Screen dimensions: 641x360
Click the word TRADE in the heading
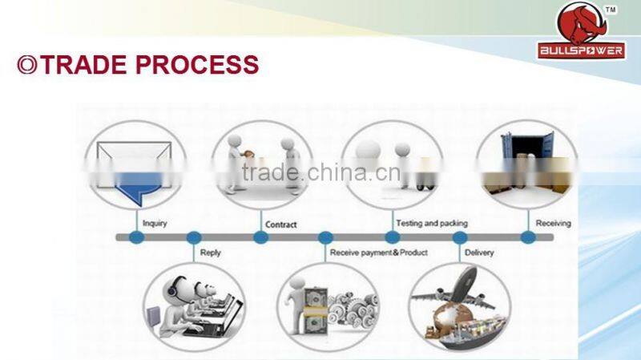[83, 65]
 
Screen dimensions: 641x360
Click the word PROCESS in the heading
[197, 65]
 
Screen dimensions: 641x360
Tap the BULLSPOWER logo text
[582, 51]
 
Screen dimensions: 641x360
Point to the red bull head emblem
[582, 24]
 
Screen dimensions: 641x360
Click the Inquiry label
[155, 224]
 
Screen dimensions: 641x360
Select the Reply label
[210, 253]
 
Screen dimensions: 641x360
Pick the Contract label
[281, 224]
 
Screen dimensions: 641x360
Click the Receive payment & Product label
[378, 253]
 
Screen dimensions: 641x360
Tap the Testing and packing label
[432, 224]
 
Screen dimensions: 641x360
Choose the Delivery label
[479, 253]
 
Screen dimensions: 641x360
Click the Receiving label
[553, 224]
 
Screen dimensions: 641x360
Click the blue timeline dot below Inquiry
[136, 237]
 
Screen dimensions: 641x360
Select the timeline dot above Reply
[194, 237]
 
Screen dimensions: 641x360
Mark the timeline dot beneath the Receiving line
[528, 237]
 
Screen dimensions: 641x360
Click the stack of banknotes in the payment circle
[315, 311]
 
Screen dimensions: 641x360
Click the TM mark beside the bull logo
[611, 10]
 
